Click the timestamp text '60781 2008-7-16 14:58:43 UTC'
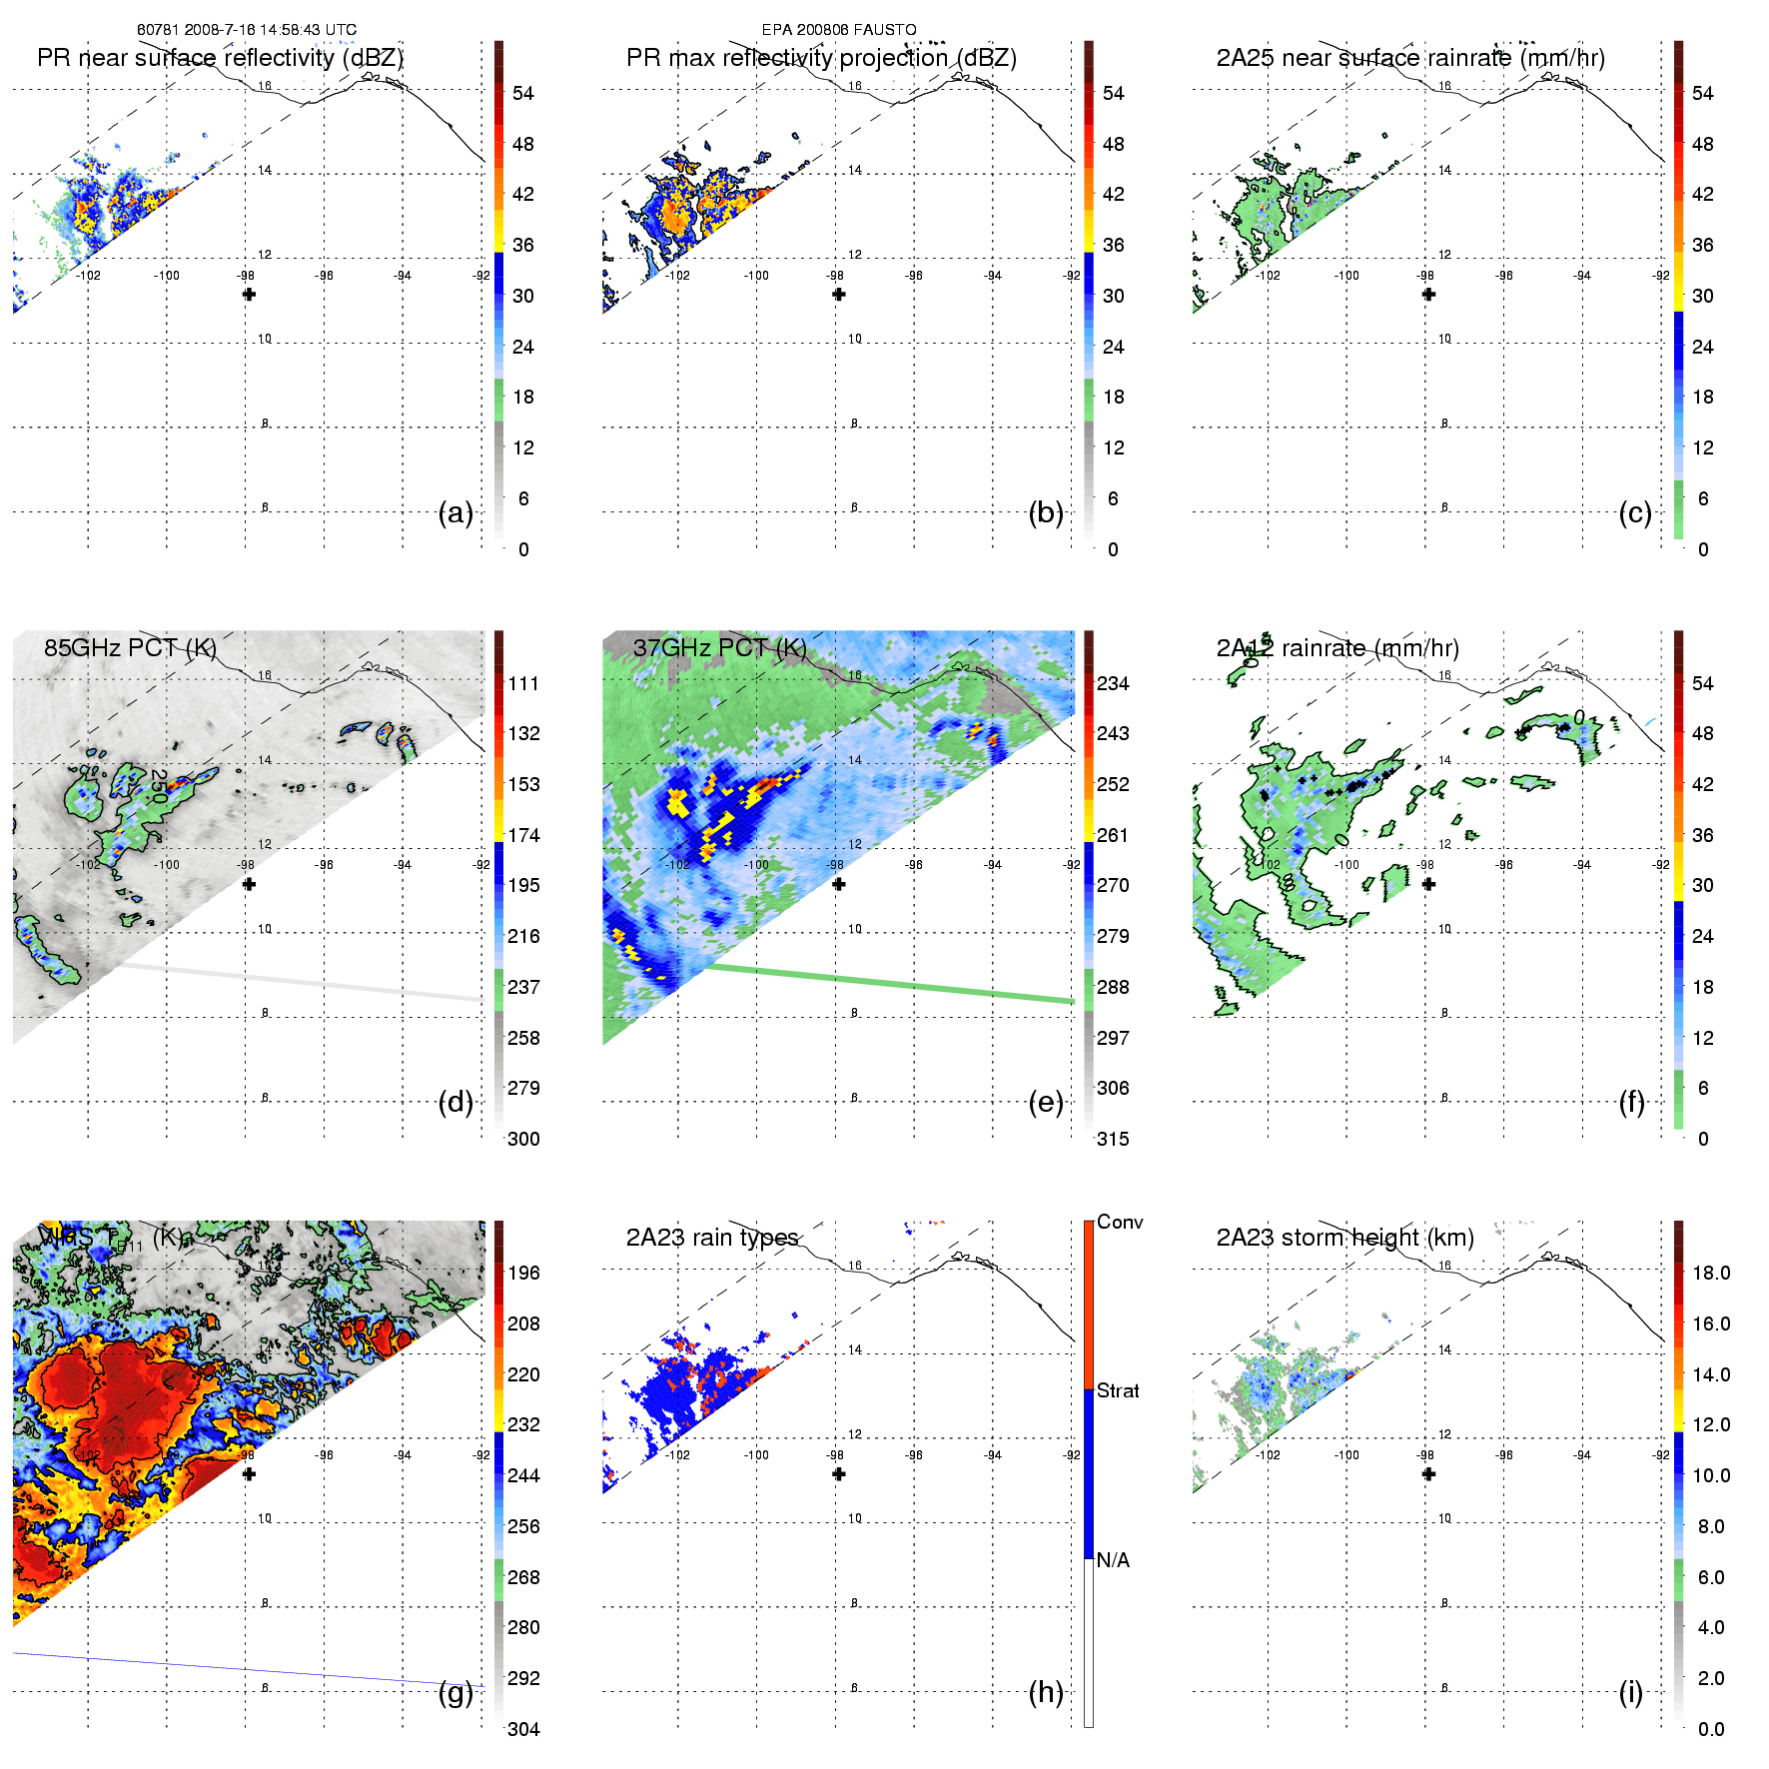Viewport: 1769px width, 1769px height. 247,30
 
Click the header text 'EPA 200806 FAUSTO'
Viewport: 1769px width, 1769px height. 839,30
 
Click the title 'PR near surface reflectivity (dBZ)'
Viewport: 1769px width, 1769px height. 220,58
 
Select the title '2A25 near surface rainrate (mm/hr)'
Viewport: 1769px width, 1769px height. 1410,58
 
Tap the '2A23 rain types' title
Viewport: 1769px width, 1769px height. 712,1238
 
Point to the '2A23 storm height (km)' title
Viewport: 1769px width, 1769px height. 1344,1238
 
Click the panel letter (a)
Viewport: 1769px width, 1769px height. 455,512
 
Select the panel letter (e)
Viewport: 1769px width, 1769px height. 1046,1102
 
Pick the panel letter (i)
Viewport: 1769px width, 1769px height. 1630,1692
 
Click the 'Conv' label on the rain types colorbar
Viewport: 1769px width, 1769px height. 1120,1222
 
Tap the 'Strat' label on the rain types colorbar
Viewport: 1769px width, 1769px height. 1118,1390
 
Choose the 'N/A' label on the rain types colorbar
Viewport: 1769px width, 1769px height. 1113,1560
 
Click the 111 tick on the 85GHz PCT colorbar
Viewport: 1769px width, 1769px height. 523,683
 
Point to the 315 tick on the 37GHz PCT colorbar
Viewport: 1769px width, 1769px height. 1113,1139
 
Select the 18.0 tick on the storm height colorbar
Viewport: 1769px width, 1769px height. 1711,1273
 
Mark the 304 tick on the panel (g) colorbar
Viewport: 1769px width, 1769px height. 523,1729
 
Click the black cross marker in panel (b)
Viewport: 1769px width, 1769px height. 839,295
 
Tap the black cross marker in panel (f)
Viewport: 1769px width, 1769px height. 1428,884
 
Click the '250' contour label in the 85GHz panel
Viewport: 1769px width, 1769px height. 158,786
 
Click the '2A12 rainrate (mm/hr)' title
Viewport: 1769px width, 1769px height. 1337,648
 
